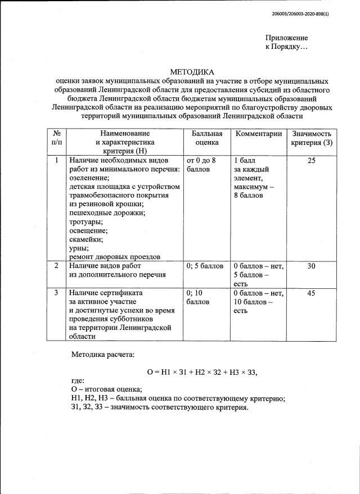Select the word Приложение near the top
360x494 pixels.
tap(287, 38)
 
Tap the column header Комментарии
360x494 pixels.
tap(259, 134)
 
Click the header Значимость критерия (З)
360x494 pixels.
tap(312, 138)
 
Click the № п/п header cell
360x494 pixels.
tap(56, 138)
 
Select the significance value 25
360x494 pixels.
tap(312, 161)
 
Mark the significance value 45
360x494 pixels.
tap(312, 293)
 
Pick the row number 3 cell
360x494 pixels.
tap(56, 293)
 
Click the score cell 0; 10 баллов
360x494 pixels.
tap(197, 297)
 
